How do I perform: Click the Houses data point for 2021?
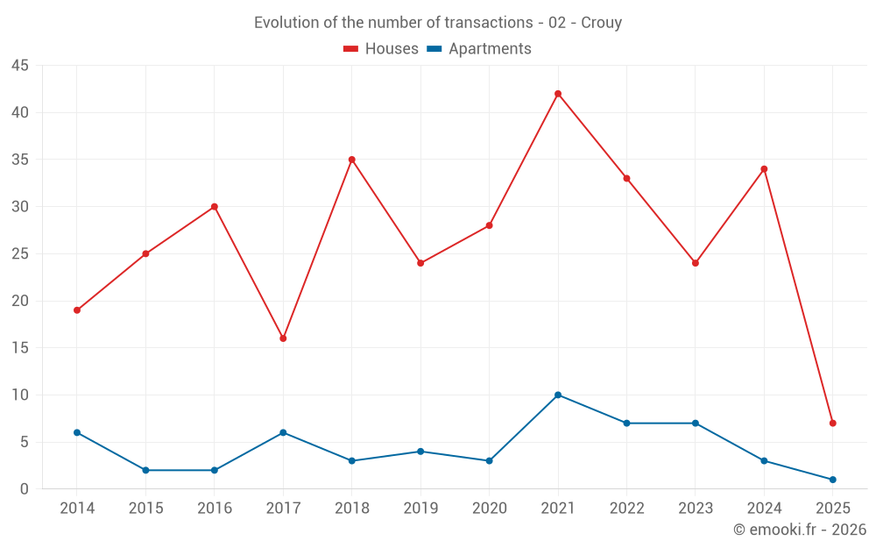pos(558,94)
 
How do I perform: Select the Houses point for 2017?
pos(283,338)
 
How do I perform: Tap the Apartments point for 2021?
pos(558,395)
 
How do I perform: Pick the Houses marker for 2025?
pos(832,423)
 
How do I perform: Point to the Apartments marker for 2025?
pos(832,480)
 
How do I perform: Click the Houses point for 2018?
pos(351,160)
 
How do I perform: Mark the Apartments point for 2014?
pos(77,432)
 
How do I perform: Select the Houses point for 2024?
pos(764,169)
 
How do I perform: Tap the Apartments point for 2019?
pos(420,452)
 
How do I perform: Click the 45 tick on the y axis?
pos(20,66)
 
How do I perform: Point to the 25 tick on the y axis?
pos(20,254)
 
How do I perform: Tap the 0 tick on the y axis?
pos(25,489)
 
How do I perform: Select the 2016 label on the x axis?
pos(215,509)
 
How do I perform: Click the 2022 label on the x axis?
pos(626,509)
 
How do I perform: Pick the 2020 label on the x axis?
pos(489,509)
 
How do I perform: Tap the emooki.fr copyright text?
pos(800,530)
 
